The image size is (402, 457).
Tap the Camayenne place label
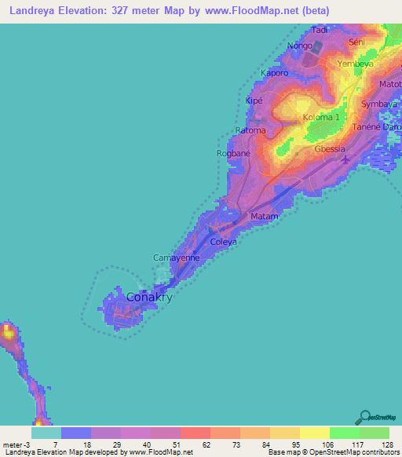176,257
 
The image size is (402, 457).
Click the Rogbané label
233,154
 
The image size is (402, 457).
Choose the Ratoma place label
251,130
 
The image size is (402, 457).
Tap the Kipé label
254,101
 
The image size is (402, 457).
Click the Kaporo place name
275,73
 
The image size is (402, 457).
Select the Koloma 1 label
321,118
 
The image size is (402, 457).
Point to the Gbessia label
329,148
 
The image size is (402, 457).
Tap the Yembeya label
353,64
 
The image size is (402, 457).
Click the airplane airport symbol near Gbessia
347,160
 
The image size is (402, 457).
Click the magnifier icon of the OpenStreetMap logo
364,416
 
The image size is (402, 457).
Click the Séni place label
357,41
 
